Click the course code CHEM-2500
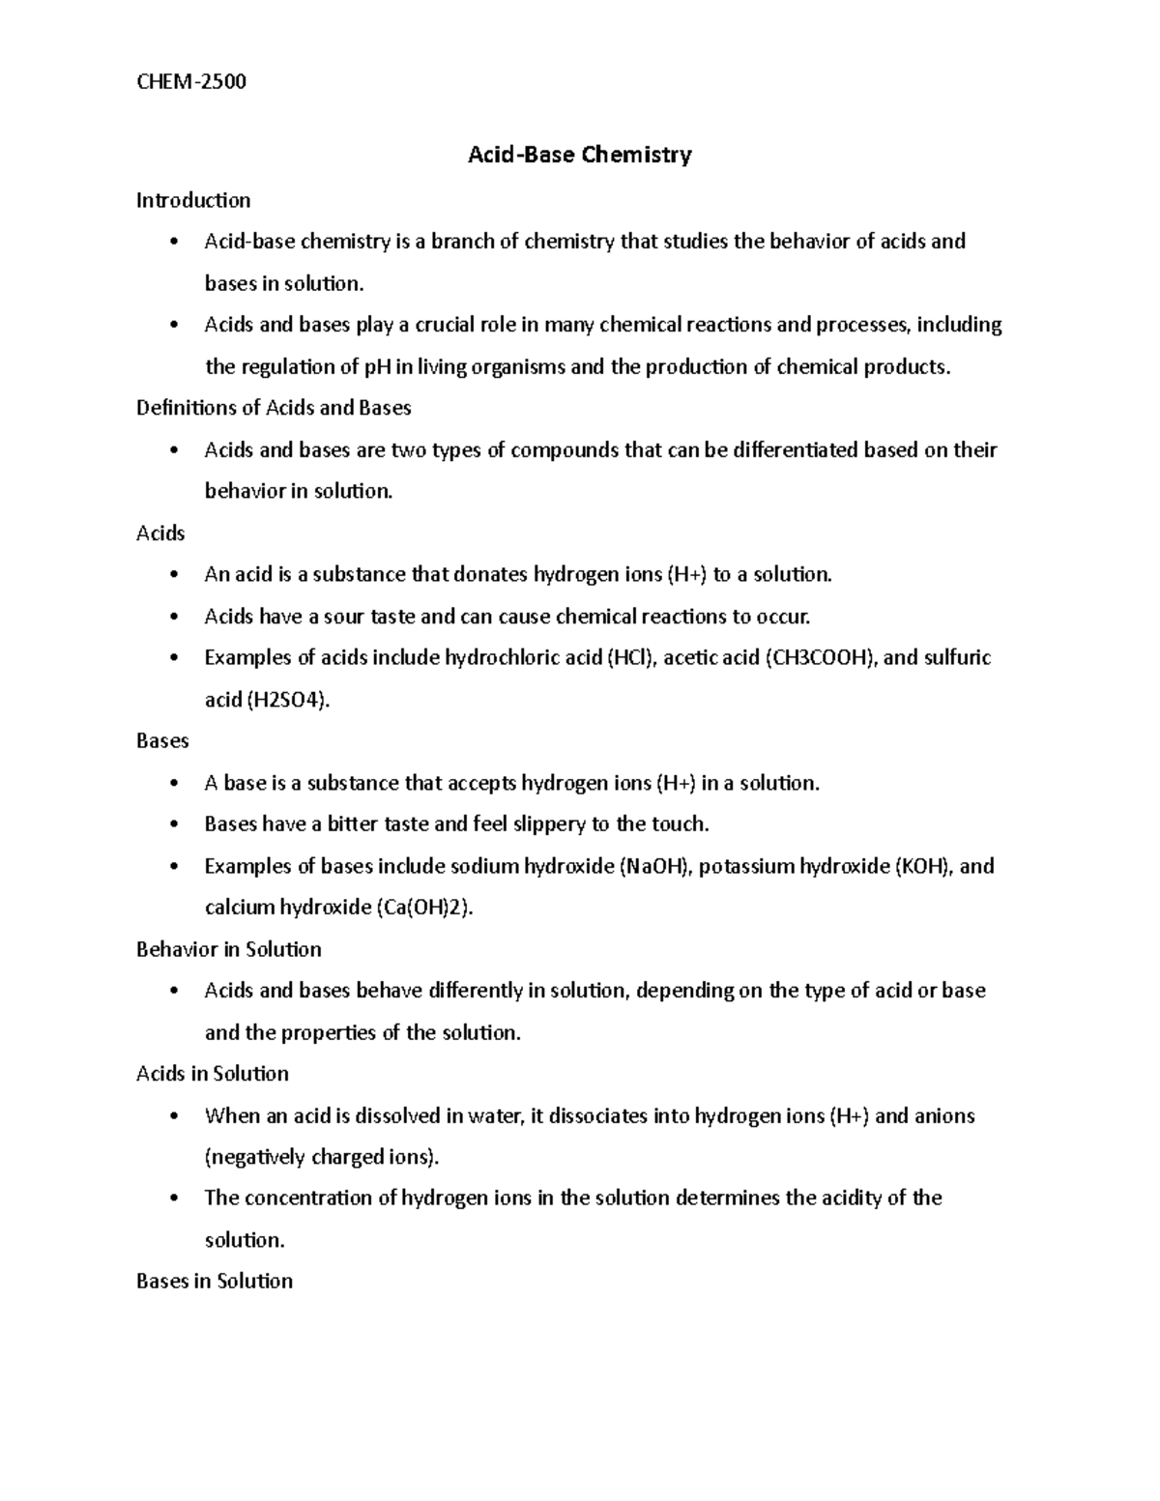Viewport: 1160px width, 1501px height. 191,82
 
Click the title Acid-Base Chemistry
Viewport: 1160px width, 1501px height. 580,155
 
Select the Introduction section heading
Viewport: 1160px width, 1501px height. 193,200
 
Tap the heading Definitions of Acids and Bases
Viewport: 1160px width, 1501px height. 274,408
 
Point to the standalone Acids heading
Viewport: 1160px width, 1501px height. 160,533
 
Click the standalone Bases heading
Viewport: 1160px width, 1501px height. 162,740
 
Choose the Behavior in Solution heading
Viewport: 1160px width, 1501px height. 229,949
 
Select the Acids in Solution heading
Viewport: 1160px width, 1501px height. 213,1074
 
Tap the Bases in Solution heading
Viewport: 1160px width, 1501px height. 215,1282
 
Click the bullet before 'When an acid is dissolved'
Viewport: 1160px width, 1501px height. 174,1116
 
